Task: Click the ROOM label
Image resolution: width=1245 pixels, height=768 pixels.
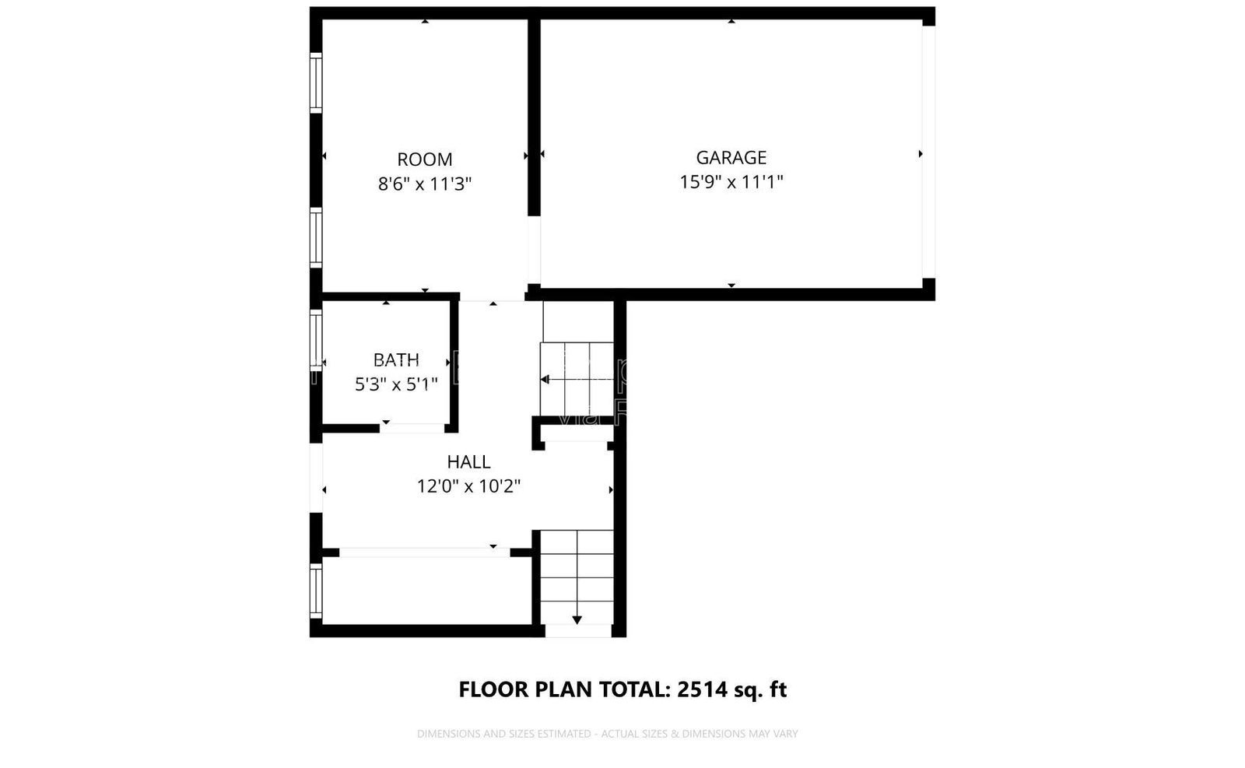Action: (424, 160)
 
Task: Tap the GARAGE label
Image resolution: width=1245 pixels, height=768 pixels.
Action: (731, 158)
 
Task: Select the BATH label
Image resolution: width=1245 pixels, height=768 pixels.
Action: (396, 360)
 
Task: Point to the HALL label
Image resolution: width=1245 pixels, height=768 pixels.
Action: (468, 462)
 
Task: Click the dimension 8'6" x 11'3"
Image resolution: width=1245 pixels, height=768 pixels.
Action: (425, 184)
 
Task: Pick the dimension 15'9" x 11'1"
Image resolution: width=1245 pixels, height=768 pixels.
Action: (731, 182)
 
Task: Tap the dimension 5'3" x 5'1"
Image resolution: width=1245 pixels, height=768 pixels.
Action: (396, 384)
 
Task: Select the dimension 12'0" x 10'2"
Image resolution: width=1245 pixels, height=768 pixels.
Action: (468, 487)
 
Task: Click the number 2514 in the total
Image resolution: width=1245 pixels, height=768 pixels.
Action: (703, 689)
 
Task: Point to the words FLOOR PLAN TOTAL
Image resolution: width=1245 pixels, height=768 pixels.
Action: (564, 689)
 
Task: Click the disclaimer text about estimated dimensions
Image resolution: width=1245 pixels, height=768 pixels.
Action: (607, 734)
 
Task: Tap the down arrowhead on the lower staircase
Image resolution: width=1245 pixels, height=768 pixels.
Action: (577, 619)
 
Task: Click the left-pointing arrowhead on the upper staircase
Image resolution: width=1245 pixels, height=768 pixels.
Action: (545, 380)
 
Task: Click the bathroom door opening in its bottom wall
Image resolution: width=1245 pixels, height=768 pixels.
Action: (412, 428)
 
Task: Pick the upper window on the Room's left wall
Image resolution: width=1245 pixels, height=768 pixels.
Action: (316, 82)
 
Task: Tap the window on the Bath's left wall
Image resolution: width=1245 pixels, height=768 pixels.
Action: (316, 339)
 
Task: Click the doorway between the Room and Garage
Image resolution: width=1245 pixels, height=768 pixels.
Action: (534, 250)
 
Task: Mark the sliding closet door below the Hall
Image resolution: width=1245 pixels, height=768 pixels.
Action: (424, 552)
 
